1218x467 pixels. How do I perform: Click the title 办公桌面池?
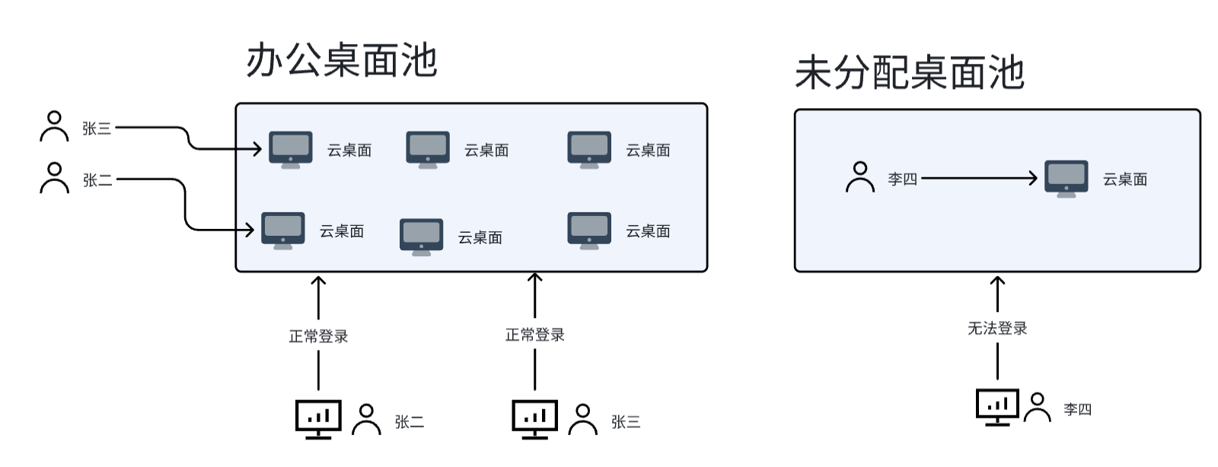pyautogui.click(x=341, y=60)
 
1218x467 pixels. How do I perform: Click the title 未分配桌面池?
pyautogui.click(x=909, y=73)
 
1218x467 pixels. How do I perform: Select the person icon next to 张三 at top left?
pyautogui.click(x=54, y=127)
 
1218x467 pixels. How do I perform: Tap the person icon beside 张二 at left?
pyautogui.click(x=54, y=178)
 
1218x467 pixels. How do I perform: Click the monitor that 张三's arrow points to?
pyautogui.click(x=290, y=149)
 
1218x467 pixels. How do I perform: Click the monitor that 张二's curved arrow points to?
pyautogui.click(x=282, y=230)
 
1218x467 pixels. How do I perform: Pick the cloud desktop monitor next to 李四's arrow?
pyautogui.click(x=1066, y=178)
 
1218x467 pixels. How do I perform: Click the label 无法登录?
pyautogui.click(x=997, y=328)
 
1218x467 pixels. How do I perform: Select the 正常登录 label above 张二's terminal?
pyautogui.click(x=318, y=335)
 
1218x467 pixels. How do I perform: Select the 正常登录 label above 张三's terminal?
pyautogui.click(x=534, y=335)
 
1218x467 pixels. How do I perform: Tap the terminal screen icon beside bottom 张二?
pyautogui.click(x=317, y=418)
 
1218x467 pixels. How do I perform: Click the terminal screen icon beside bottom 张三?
pyautogui.click(x=534, y=418)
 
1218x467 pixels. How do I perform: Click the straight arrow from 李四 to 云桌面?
pyautogui.click(x=978, y=178)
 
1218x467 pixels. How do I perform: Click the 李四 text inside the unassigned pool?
pyautogui.click(x=902, y=179)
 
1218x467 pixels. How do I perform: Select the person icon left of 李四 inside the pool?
pyautogui.click(x=860, y=177)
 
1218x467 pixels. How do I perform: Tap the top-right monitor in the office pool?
pyautogui.click(x=588, y=149)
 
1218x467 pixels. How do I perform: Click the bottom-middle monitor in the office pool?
pyautogui.click(x=421, y=237)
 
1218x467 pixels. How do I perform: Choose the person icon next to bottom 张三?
pyautogui.click(x=582, y=420)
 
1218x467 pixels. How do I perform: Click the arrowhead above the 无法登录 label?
pyautogui.click(x=997, y=281)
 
